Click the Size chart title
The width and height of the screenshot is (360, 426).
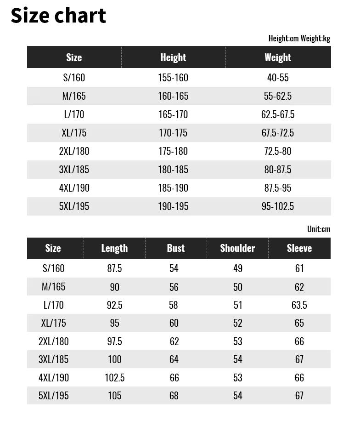(x=58, y=16)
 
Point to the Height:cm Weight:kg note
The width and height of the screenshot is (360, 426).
(x=299, y=39)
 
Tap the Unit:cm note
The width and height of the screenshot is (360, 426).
(x=319, y=229)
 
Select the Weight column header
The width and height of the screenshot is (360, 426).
(x=278, y=57)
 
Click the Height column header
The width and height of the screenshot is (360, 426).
(x=173, y=57)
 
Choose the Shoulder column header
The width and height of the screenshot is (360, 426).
(x=237, y=248)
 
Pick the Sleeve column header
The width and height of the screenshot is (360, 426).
(x=299, y=248)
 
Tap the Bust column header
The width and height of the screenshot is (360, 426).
(x=176, y=248)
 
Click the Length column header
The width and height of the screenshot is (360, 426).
(x=114, y=248)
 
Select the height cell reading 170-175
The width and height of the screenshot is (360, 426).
(x=173, y=133)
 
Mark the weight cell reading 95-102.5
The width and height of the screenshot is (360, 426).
(x=278, y=206)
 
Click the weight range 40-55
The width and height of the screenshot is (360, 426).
(x=278, y=78)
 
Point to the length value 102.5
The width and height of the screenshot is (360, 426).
(x=114, y=378)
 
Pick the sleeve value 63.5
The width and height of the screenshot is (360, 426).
(x=299, y=305)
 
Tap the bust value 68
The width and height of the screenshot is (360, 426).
(x=174, y=396)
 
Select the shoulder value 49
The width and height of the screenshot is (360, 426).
(x=237, y=268)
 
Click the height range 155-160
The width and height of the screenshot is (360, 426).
(x=173, y=78)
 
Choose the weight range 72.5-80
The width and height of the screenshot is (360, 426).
(x=278, y=151)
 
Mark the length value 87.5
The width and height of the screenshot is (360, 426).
(x=114, y=268)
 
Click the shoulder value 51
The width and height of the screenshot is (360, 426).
(x=237, y=305)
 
